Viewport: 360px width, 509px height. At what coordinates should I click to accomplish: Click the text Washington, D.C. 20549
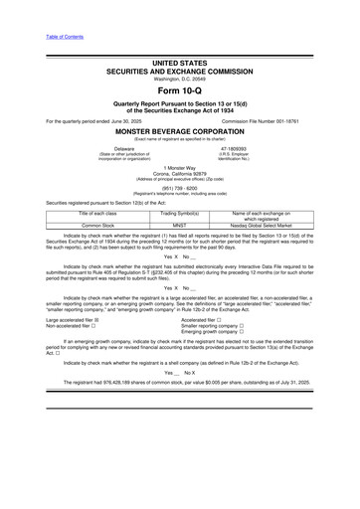tap(179, 79)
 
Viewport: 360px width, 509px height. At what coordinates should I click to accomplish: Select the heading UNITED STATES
tap(179, 63)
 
